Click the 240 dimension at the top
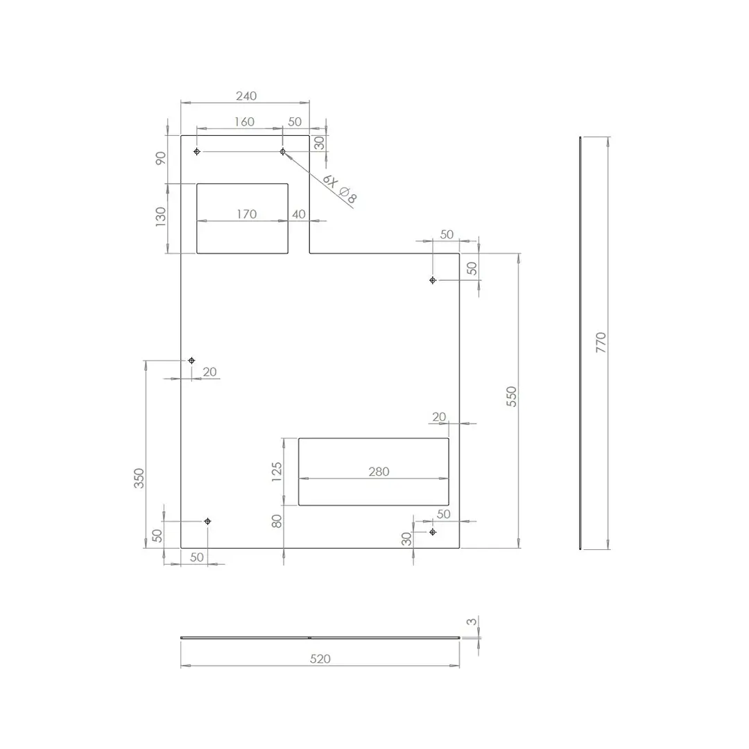click(x=246, y=96)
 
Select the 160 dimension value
click(x=244, y=121)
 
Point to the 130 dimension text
click(x=161, y=216)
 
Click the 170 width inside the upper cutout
click(x=246, y=214)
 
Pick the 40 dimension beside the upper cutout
click(x=299, y=214)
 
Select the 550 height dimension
click(x=512, y=396)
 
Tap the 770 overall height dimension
click(x=601, y=343)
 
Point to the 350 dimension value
click(x=139, y=479)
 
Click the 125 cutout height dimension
click(x=277, y=472)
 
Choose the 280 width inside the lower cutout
click(x=379, y=472)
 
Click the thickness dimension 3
click(x=472, y=622)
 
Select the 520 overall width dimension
click(x=320, y=658)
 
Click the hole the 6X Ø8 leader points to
click(x=282, y=151)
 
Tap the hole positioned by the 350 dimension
click(x=192, y=361)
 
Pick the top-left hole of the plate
click(x=197, y=151)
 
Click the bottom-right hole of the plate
click(x=433, y=532)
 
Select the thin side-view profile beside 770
click(x=580, y=343)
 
